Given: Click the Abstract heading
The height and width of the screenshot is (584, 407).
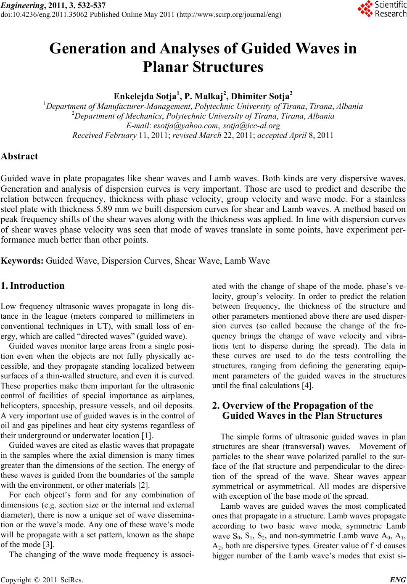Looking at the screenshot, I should pos(20,156).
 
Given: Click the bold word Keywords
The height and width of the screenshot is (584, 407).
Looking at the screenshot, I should pos(23,261).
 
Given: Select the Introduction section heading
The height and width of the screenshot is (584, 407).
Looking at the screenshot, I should pos(37,286).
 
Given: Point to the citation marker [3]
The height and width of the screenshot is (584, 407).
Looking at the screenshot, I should pos(49,543).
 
